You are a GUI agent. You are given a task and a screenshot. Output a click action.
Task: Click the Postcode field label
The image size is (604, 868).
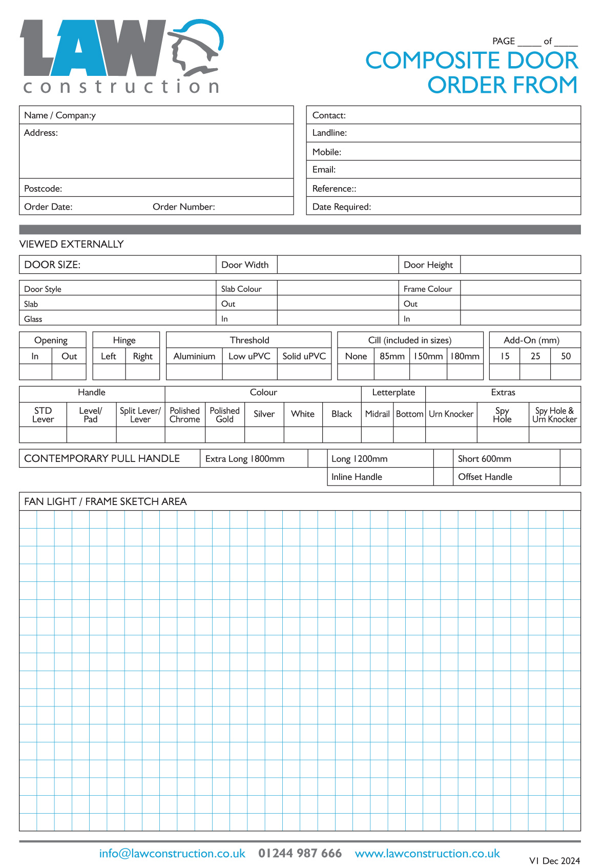coord(43,188)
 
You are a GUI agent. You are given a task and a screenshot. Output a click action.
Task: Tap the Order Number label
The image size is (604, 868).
coord(183,207)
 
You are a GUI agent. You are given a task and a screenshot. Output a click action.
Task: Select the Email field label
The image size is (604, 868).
coord(324,169)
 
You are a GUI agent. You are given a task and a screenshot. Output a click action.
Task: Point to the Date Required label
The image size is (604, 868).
coord(341,207)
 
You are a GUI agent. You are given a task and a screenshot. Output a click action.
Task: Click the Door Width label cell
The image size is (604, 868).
coord(245,265)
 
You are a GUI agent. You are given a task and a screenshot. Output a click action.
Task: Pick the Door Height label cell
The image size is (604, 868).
coord(428,265)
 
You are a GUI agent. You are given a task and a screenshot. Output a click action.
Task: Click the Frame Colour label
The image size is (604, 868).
coord(428,289)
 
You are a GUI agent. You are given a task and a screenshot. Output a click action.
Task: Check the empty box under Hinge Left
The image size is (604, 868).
coord(109,372)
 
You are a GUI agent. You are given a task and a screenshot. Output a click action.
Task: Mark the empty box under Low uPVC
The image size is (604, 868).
coord(249,372)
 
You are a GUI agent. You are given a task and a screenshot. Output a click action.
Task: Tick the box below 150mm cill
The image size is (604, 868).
coord(428,372)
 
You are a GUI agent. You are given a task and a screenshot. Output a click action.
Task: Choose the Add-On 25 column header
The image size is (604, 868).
coord(535,356)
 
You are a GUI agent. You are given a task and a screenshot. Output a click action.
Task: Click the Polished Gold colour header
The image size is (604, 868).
coord(224,414)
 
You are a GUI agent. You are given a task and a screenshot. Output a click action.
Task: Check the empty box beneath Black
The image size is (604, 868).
coord(342,435)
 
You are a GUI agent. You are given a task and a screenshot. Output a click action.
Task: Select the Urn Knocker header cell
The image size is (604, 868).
coord(451,414)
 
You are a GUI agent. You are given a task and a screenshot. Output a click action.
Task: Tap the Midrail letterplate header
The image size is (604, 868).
coord(377,414)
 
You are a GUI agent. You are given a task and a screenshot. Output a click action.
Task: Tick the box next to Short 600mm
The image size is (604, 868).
coord(570,458)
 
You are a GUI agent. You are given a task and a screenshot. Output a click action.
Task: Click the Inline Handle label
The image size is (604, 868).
coord(357,476)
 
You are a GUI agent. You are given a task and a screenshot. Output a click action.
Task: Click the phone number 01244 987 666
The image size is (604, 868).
coord(300,853)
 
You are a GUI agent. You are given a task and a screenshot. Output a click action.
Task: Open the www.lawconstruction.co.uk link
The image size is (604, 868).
coord(427,853)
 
